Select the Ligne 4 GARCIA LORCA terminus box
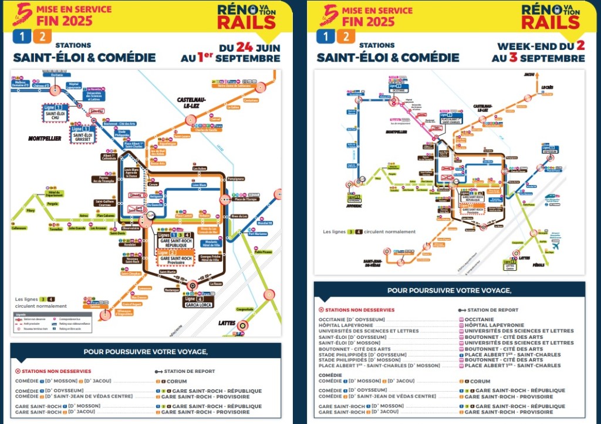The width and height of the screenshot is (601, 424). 193,302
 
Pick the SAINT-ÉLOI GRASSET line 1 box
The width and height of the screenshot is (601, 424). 82,133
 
